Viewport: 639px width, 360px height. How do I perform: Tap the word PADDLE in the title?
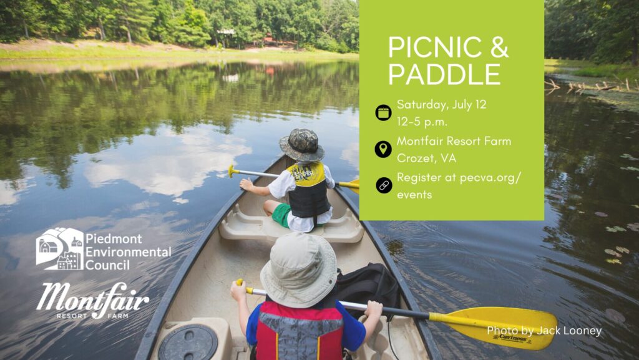[444, 74]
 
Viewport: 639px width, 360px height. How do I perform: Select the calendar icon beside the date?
[383, 112]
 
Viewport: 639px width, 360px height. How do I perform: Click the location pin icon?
[383, 149]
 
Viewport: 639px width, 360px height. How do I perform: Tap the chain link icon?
[384, 185]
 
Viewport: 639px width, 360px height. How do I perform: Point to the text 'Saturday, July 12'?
[442, 105]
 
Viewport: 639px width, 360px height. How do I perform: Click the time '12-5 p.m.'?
[422, 122]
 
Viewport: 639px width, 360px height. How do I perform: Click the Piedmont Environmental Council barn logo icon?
[60, 248]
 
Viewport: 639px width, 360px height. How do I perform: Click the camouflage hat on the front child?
[301, 145]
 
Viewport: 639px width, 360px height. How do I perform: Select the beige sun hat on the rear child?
[299, 270]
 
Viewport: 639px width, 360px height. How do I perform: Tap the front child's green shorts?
[282, 215]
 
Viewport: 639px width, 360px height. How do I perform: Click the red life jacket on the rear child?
[300, 331]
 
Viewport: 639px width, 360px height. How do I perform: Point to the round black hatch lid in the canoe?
[188, 343]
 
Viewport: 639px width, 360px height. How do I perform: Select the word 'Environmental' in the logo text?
[129, 252]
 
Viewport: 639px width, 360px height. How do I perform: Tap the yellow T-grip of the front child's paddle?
[232, 170]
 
